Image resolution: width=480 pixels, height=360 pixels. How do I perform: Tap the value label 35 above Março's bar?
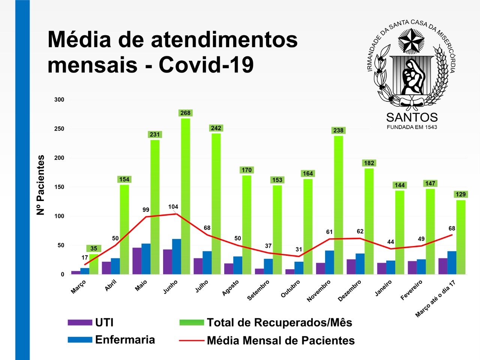click(x=94, y=248)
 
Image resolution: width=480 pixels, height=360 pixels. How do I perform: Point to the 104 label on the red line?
click(x=173, y=207)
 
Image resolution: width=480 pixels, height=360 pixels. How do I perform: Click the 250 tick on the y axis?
click(x=59, y=129)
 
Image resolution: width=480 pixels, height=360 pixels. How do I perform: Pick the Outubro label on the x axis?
click(x=291, y=289)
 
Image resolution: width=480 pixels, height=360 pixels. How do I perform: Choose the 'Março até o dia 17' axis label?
click(x=435, y=299)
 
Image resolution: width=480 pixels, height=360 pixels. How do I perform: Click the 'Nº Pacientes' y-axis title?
click(x=40, y=185)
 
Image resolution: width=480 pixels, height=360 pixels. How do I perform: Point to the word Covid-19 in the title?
click(x=206, y=64)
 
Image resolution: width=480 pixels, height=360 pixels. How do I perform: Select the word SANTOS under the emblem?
click(x=412, y=117)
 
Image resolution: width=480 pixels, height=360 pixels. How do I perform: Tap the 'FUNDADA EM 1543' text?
click(x=412, y=127)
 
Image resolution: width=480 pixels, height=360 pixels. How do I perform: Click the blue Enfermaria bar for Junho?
click(x=176, y=256)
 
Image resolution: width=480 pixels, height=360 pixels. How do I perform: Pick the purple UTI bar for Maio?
click(x=137, y=261)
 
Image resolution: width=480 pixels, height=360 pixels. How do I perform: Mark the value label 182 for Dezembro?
click(x=369, y=163)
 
